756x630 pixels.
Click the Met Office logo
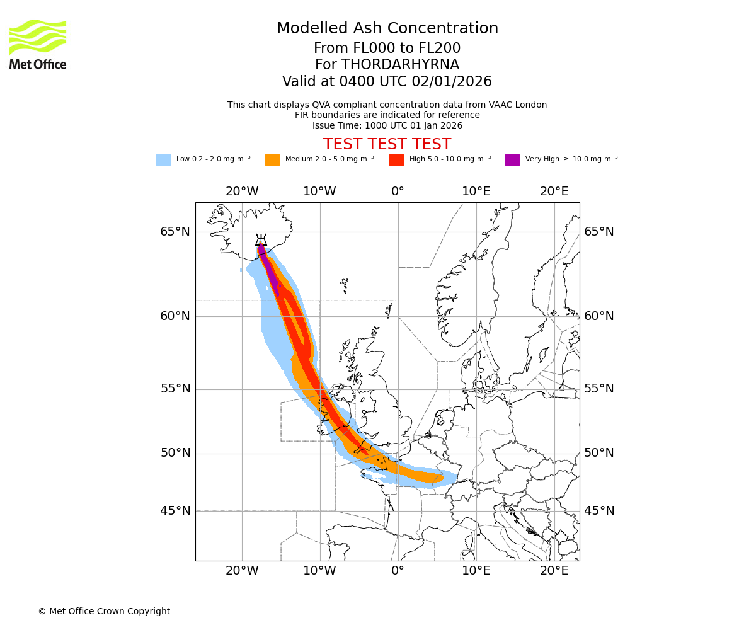click(x=38, y=44)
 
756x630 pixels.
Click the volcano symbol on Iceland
click(x=261, y=241)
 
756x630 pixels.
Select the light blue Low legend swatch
click(x=163, y=160)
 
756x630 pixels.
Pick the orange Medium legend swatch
click(x=272, y=160)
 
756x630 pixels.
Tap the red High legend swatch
click(x=396, y=160)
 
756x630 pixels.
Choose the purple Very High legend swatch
click(x=512, y=160)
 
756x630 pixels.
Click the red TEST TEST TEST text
click(x=387, y=144)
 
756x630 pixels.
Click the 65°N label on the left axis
click(x=175, y=232)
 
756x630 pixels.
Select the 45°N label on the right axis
click(x=599, y=511)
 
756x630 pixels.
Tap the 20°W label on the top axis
click(x=242, y=192)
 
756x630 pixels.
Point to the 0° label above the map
click(x=398, y=192)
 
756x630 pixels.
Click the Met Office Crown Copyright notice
click(x=104, y=612)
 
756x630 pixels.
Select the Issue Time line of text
click(x=387, y=125)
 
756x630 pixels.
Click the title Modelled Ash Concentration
click(x=387, y=28)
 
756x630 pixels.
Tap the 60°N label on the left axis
click(x=175, y=316)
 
